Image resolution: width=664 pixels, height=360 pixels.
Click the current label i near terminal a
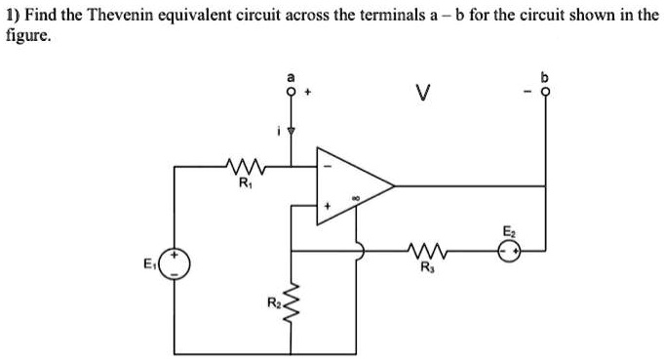[278, 128]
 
